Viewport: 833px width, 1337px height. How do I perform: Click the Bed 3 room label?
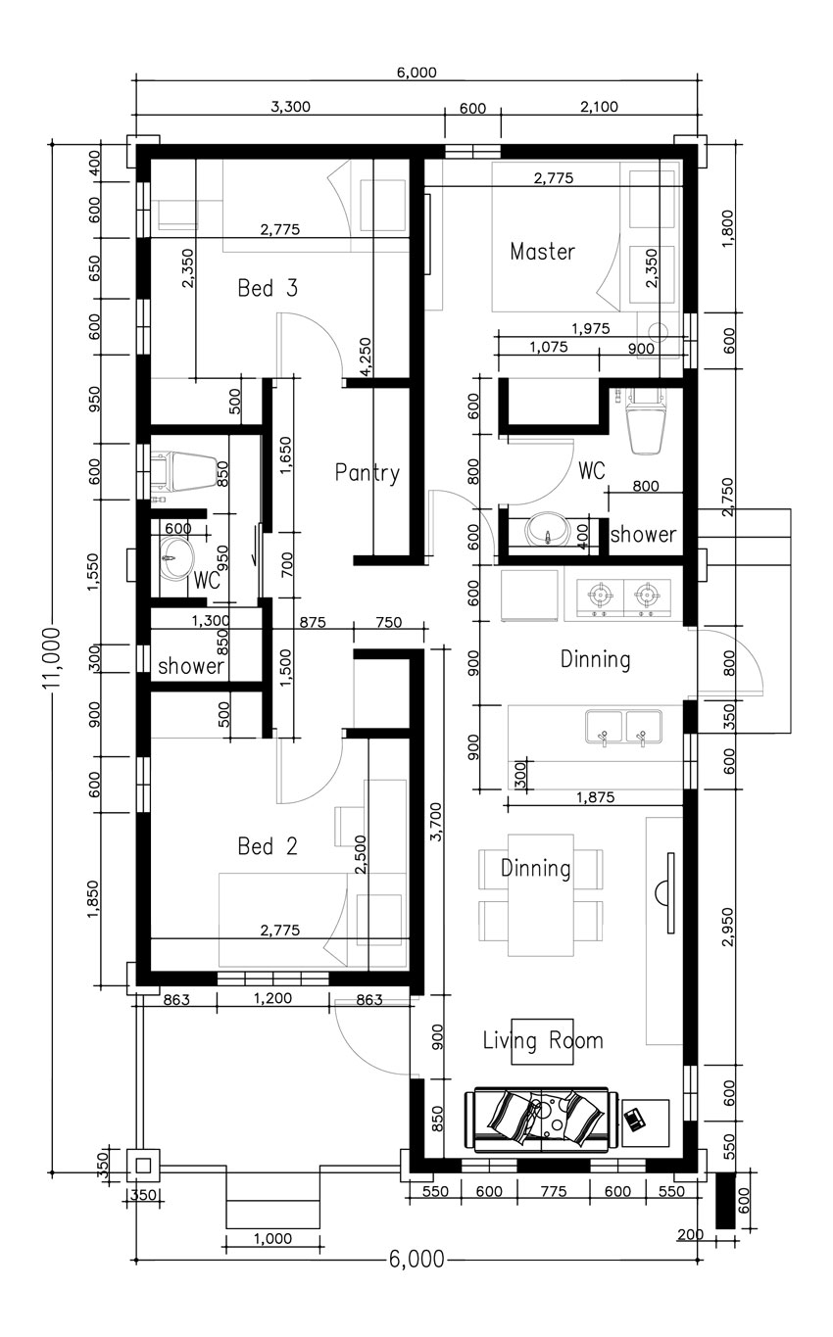[x=268, y=288]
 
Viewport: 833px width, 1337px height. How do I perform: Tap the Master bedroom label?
[x=542, y=252]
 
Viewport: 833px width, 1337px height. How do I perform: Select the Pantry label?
[x=367, y=473]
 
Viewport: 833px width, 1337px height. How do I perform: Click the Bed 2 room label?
[x=268, y=845]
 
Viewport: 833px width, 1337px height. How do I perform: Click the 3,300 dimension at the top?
[x=291, y=107]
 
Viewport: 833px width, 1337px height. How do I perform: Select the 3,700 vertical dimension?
[x=436, y=822]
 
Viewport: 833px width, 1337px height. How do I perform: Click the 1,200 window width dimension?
[x=272, y=998]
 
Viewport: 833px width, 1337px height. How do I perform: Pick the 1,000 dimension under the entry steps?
[x=272, y=1238]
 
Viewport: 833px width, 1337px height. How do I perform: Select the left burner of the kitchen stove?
[x=600, y=595]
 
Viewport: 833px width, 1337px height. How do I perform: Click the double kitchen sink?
[x=624, y=727]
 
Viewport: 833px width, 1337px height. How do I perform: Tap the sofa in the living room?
[x=542, y=1120]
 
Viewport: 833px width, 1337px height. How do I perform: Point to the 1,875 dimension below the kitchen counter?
[x=595, y=797]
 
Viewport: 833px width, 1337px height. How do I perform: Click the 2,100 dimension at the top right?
[x=599, y=107]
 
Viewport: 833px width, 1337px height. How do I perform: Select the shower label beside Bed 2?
[x=191, y=665]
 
